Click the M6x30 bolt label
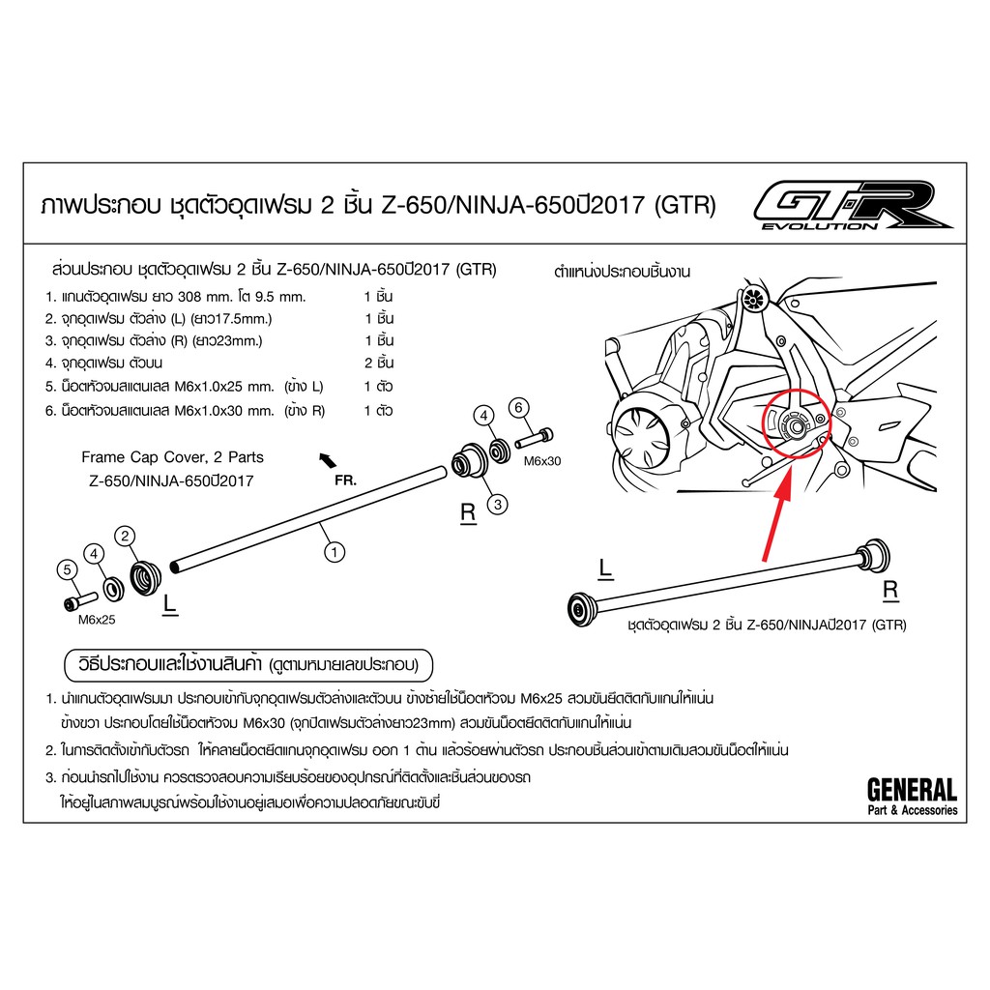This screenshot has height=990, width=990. [x=542, y=461]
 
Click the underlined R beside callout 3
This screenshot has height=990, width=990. [x=468, y=513]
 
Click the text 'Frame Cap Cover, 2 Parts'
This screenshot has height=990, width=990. [x=172, y=457]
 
